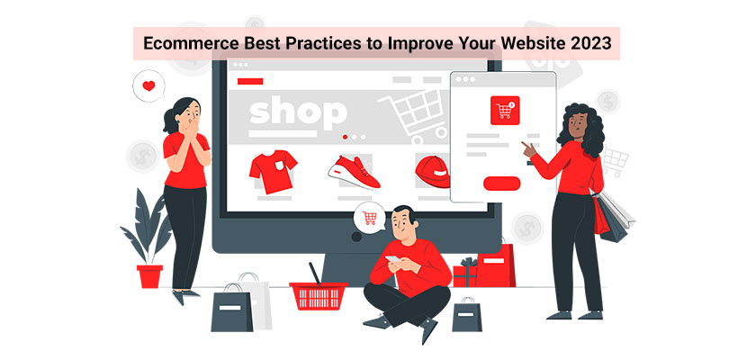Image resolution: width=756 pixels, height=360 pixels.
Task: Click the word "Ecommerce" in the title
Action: click(185, 43)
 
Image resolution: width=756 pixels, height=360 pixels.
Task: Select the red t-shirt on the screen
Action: click(273, 171)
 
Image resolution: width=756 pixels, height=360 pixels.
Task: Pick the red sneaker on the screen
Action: click(354, 173)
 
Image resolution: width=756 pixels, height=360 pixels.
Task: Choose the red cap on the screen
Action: click(433, 172)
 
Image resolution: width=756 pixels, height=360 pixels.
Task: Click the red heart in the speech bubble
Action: click(149, 85)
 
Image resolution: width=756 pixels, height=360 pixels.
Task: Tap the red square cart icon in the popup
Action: click(505, 111)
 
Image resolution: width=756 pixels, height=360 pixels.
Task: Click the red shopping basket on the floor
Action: click(319, 295)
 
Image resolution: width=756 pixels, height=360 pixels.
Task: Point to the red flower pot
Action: click(150, 276)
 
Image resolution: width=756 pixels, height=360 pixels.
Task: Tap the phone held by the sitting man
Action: click(393, 259)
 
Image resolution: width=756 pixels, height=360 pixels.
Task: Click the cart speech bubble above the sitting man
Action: click(369, 218)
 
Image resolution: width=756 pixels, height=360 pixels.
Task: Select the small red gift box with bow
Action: click(464, 274)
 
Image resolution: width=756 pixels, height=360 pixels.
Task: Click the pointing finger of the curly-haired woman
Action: click(525, 146)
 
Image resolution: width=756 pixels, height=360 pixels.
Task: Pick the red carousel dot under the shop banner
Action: click(345, 137)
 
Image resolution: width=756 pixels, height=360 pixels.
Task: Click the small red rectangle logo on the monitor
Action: click(250, 81)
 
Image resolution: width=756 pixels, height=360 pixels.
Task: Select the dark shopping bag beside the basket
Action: click(232, 309)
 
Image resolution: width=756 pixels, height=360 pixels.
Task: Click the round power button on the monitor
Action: click(356, 237)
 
